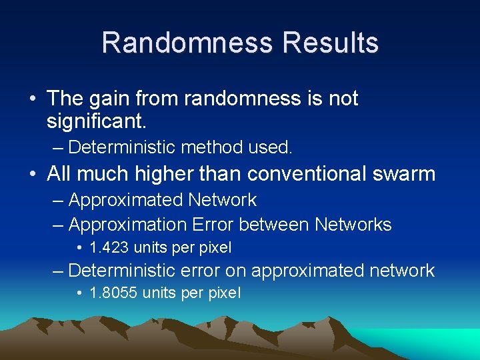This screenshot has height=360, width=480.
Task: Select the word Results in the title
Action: [331, 43]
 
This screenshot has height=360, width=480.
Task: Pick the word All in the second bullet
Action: [59, 174]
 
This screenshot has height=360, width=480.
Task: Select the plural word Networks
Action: [353, 225]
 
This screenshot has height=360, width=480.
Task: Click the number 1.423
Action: [109, 247]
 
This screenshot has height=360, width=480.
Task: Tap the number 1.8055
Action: [114, 293]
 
